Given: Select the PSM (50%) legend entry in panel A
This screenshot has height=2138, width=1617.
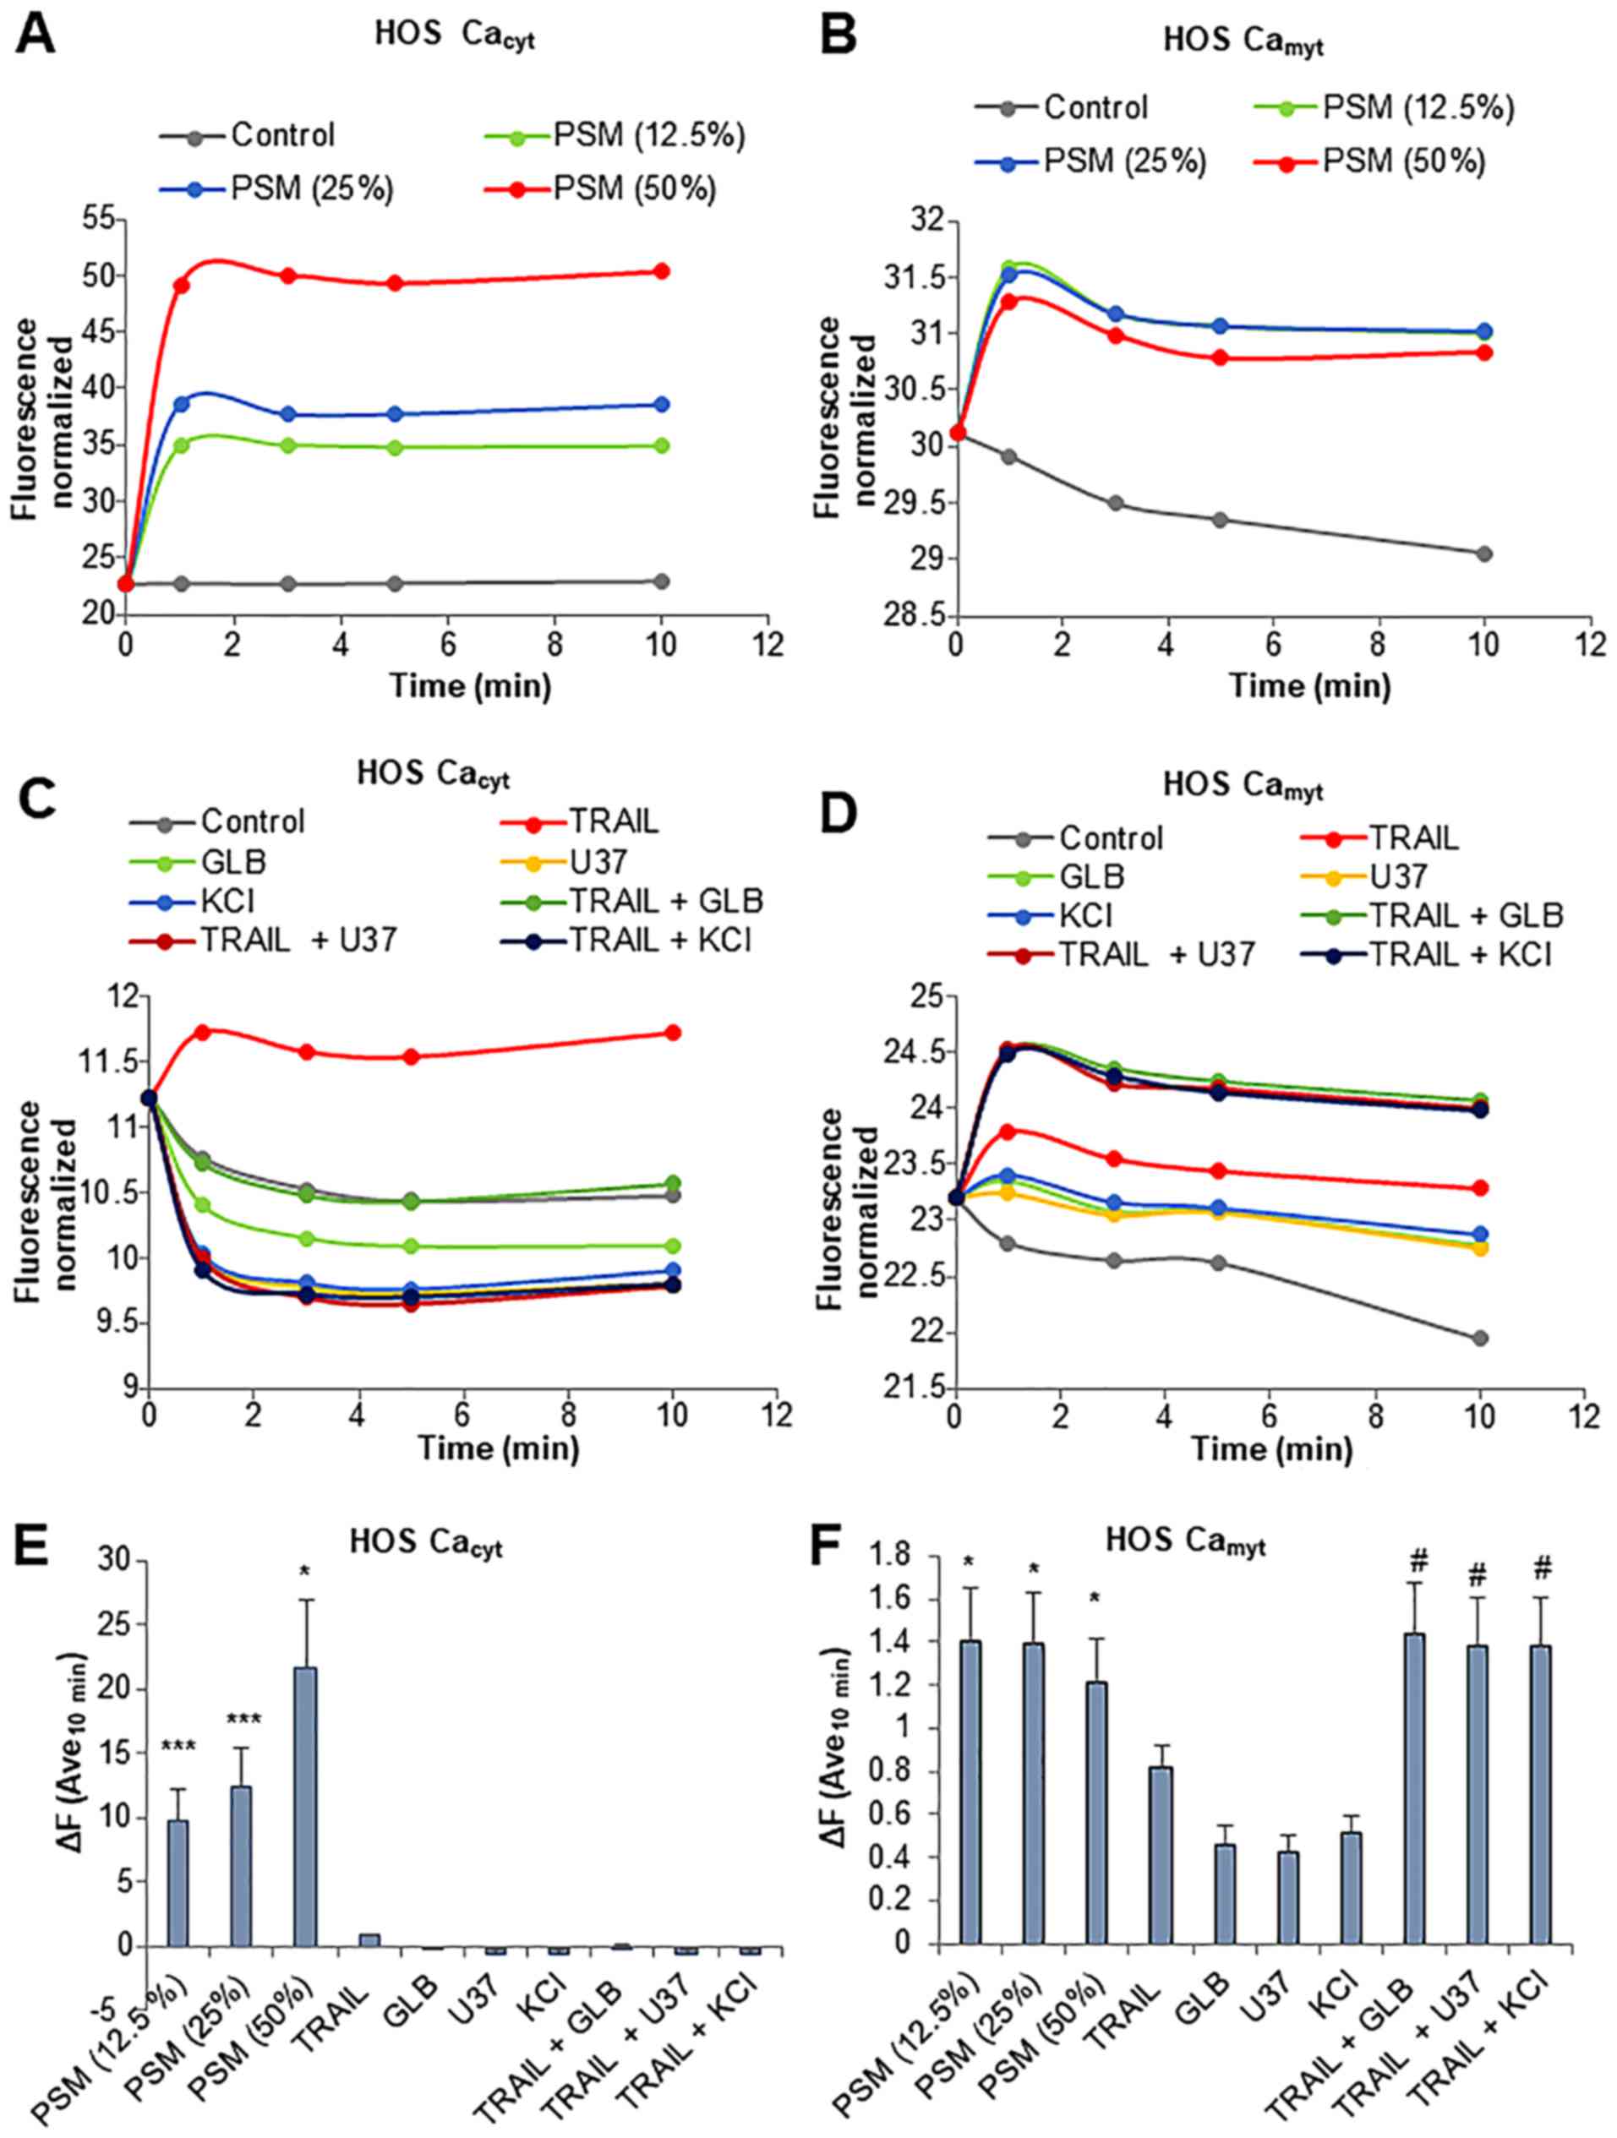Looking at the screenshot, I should pos(634,188).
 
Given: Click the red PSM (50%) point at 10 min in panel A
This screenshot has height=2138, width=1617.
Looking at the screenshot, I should pos(661,271).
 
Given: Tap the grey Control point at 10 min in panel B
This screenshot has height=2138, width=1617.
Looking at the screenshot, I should pos(1483,554).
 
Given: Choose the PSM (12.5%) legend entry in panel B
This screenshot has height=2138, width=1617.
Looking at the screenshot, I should pos(1417,107).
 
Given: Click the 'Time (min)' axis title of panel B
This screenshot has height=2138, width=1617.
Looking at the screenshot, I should pos(1308,685).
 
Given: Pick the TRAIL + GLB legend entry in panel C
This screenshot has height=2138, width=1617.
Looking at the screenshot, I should pos(666,901).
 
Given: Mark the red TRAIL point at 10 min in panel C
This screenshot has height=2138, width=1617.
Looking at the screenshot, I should pos(673,1033).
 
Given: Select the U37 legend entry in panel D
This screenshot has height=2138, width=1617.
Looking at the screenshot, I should pos(1397,875).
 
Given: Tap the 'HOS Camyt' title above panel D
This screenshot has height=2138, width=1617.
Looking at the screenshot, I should pos(1242,785).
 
